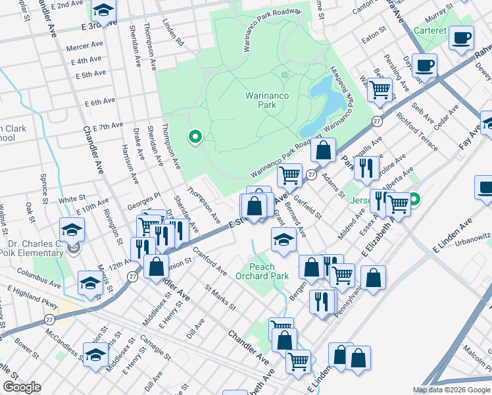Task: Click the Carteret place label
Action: pyautogui.click(x=430, y=31)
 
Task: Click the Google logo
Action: pyautogui.click(x=22, y=387)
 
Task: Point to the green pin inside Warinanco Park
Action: pyautogui.click(x=195, y=138)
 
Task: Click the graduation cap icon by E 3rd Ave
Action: pyautogui.click(x=103, y=10)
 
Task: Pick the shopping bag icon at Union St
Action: pyautogui.click(x=156, y=267)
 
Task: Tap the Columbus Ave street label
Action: pyautogui.click(x=38, y=271)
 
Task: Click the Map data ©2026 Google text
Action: pyautogui.click(x=451, y=390)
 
